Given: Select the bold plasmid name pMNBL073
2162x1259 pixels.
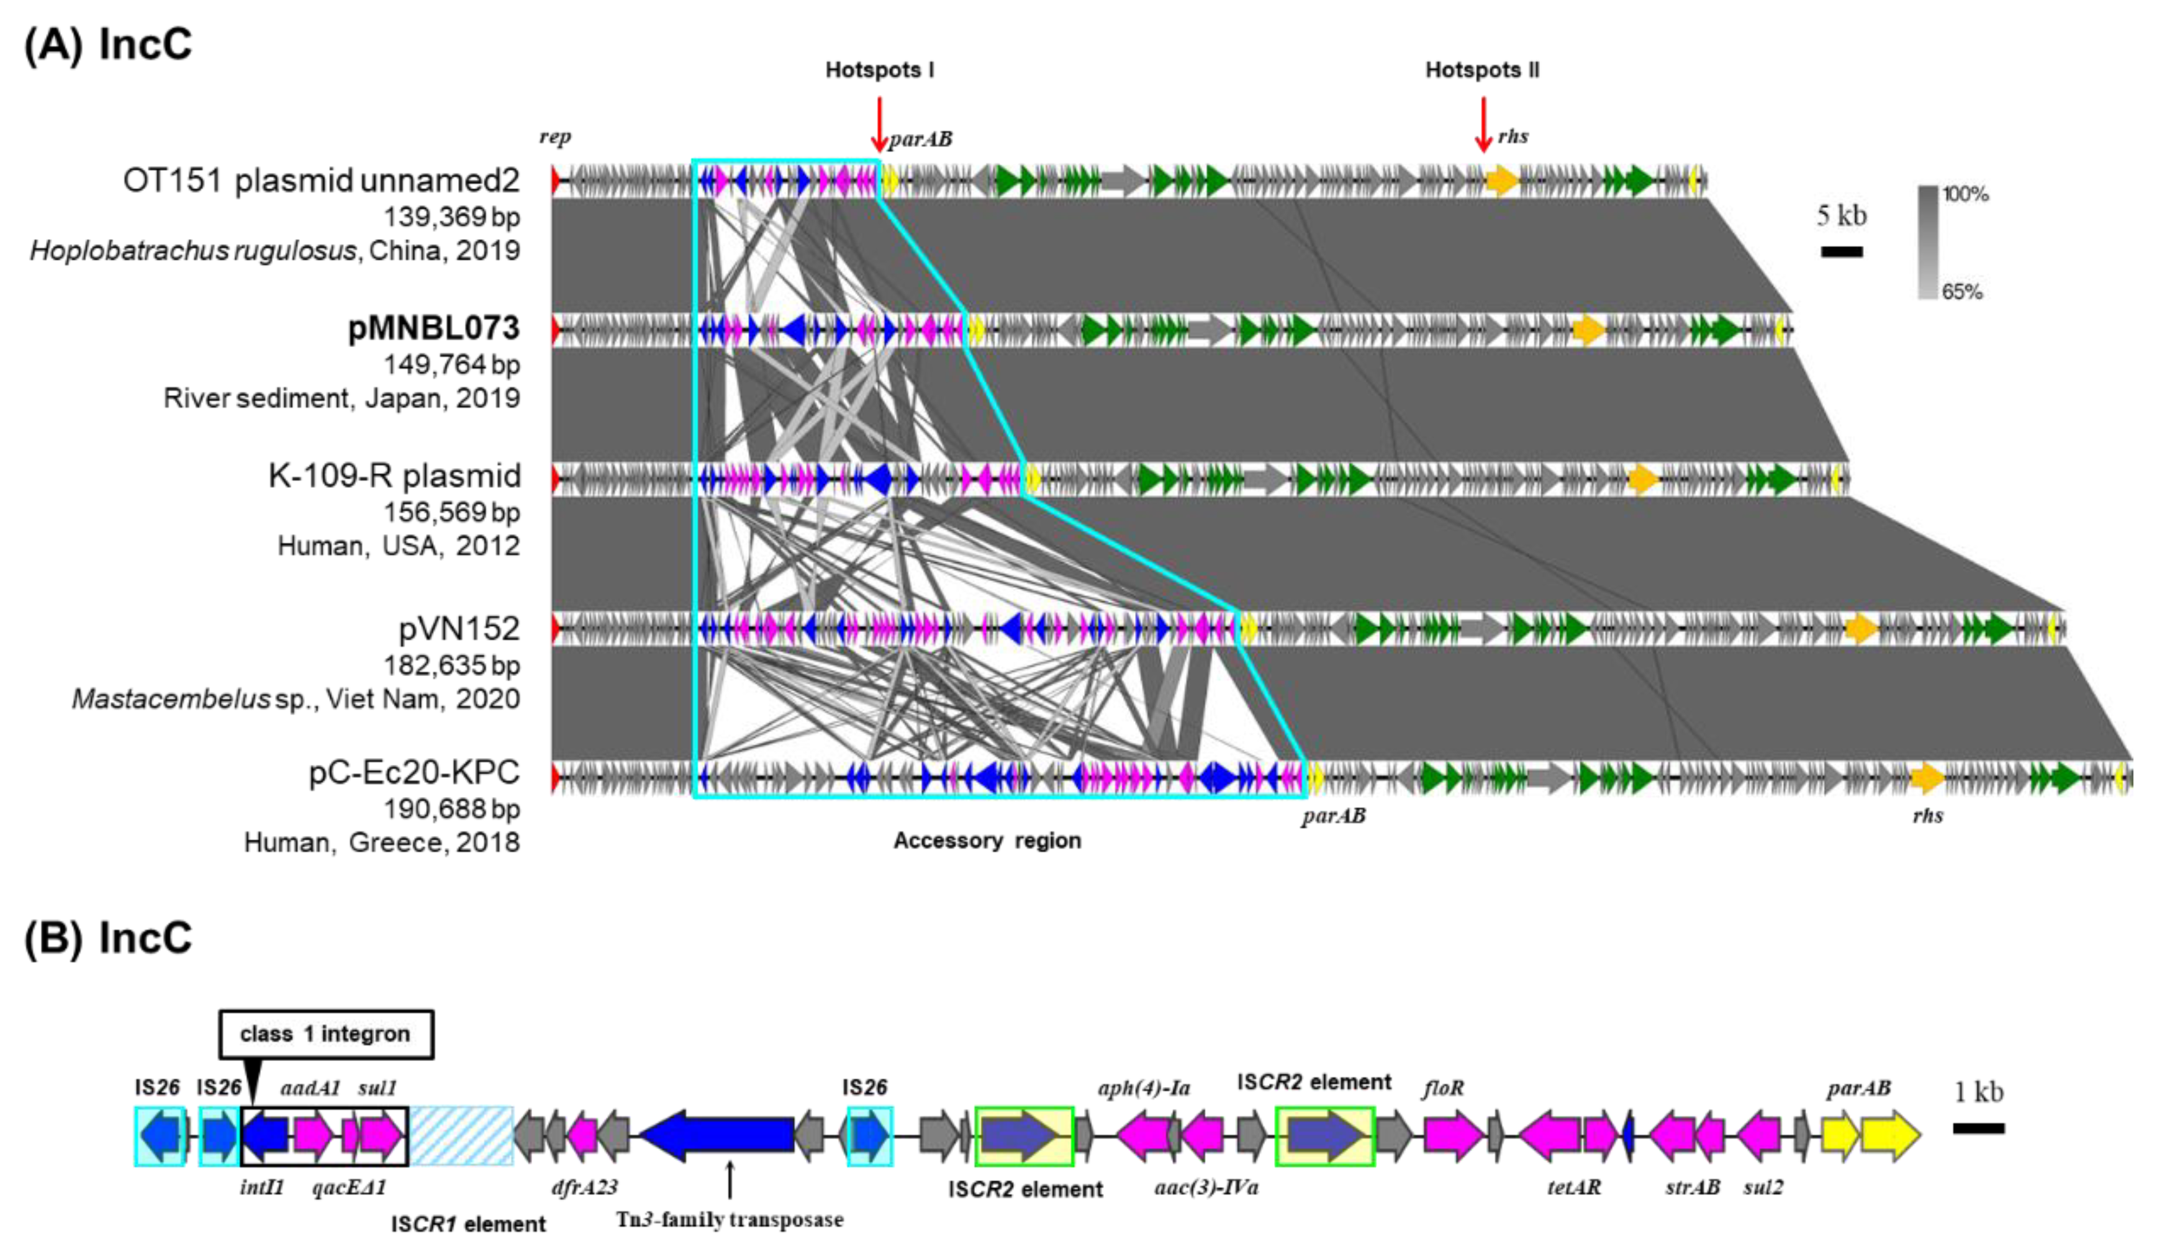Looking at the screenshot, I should pyautogui.click(x=433, y=328).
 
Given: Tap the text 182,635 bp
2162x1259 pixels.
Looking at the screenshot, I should pyautogui.click(x=451, y=666).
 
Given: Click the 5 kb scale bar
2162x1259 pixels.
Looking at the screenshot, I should pyautogui.click(x=1841, y=252).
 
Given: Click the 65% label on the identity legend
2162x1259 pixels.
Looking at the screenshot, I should pyautogui.click(x=1963, y=292).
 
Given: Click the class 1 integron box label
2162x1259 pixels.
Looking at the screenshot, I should pyautogui.click(x=325, y=1034).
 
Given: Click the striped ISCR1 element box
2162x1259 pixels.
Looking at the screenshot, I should pyautogui.click(x=461, y=1135).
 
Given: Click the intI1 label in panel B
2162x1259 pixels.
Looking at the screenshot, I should pyautogui.click(x=261, y=1188).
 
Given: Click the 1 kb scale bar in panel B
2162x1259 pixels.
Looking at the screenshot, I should pyautogui.click(x=1978, y=1128).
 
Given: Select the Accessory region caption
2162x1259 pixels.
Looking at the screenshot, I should pyautogui.click(x=987, y=841).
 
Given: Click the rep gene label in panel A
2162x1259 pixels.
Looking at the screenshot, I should pyautogui.click(x=555, y=137).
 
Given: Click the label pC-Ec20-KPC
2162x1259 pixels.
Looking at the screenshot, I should pyautogui.click(x=414, y=773).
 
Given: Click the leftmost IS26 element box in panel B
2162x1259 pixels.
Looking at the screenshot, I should pyautogui.click(x=160, y=1135).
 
